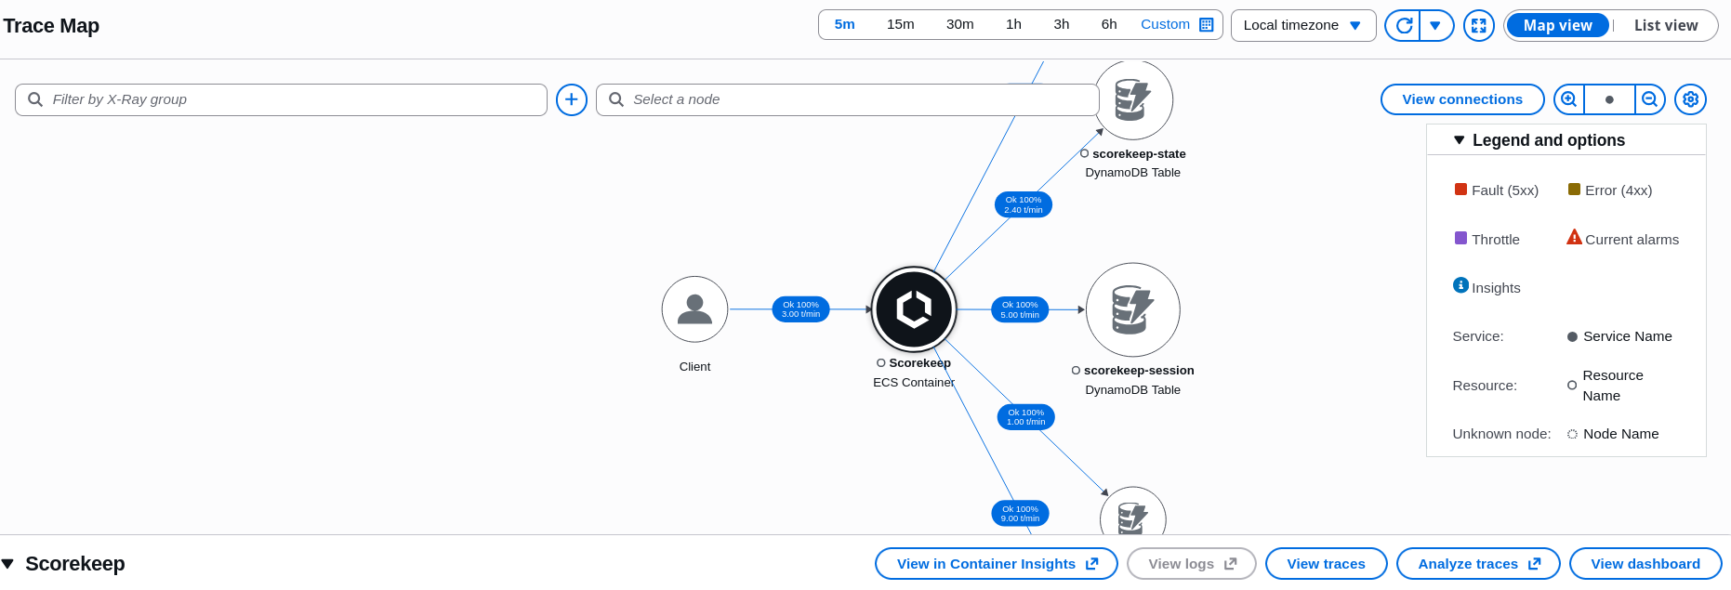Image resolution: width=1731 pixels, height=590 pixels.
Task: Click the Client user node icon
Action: (694, 309)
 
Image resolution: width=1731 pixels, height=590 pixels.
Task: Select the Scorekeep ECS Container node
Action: (914, 309)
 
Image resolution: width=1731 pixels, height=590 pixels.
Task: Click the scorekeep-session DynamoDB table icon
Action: (1132, 309)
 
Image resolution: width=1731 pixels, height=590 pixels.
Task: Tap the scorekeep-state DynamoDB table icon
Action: (1132, 100)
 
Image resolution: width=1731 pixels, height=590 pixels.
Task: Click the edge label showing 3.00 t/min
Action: (800, 309)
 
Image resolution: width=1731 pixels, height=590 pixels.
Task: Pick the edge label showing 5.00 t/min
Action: (1020, 309)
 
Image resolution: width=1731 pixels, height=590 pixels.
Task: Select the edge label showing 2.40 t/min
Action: (1024, 204)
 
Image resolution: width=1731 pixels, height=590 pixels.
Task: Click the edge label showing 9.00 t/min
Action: (1020, 514)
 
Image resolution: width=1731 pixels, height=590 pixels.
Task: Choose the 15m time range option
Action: (900, 25)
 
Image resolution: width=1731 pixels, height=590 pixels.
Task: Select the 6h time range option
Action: (1109, 25)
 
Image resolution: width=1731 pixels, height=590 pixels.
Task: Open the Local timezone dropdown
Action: (1303, 25)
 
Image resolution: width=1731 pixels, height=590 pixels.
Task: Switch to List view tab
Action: (1666, 26)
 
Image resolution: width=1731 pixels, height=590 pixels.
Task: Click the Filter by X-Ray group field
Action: (281, 99)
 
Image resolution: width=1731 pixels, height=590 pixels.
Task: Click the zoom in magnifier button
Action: (1569, 99)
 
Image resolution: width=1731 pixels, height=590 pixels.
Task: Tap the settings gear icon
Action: (1690, 99)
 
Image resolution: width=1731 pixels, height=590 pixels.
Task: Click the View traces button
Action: (1326, 564)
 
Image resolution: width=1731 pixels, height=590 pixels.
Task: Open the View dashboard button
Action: (1645, 564)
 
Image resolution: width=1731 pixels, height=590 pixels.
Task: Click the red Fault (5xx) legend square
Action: (1460, 190)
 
